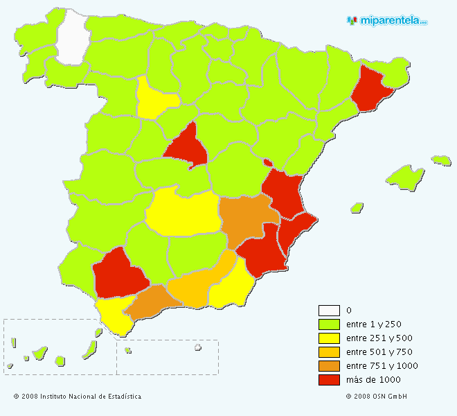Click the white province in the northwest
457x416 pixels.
(72, 36)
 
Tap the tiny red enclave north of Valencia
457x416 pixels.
(267, 163)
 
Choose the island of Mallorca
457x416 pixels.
(405, 176)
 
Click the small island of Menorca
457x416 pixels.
(441, 160)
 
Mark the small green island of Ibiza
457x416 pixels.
(357, 207)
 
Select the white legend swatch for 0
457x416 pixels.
(329, 310)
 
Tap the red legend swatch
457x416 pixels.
(329, 379)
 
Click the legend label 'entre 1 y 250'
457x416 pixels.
(373, 324)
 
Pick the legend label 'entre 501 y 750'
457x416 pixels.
(378, 352)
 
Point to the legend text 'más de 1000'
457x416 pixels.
(373, 379)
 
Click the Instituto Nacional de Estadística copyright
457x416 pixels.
(78, 397)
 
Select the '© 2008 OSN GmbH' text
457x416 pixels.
(376, 397)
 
